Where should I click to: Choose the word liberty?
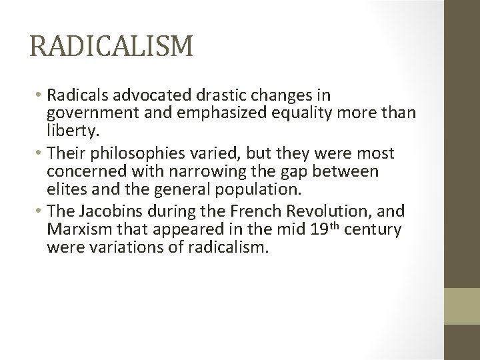pos(71,127)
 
